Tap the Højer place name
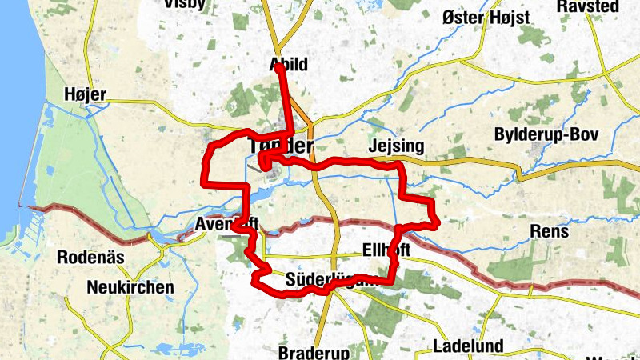85,95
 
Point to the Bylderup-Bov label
546,134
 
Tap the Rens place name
550,232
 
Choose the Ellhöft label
386,250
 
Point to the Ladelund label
467,346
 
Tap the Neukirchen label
132,287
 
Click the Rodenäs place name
90,258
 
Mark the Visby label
184,4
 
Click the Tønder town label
280,146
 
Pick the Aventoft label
227,224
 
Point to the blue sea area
11,120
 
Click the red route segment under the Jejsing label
376,162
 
